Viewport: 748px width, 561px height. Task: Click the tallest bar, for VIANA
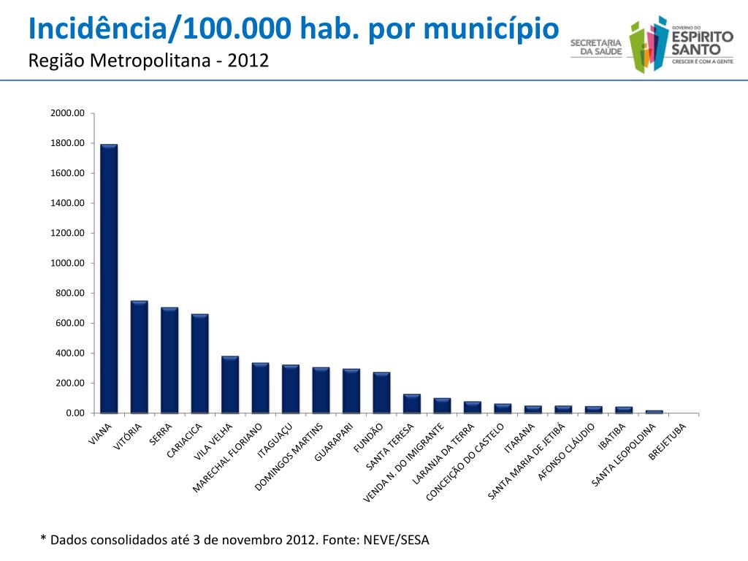coord(109,278)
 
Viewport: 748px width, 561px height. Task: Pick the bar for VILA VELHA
coord(230,384)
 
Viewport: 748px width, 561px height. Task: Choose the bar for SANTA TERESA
coord(412,403)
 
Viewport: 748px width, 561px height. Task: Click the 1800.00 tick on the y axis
coord(68,143)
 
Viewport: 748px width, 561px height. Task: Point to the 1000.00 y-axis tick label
coord(68,263)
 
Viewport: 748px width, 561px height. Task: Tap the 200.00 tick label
coord(70,383)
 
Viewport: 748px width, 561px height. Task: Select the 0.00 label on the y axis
coord(75,413)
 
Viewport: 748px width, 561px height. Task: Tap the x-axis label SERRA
coord(161,434)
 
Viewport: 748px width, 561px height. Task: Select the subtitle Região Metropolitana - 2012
coord(148,61)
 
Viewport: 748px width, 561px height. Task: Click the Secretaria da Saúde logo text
coord(595,47)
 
